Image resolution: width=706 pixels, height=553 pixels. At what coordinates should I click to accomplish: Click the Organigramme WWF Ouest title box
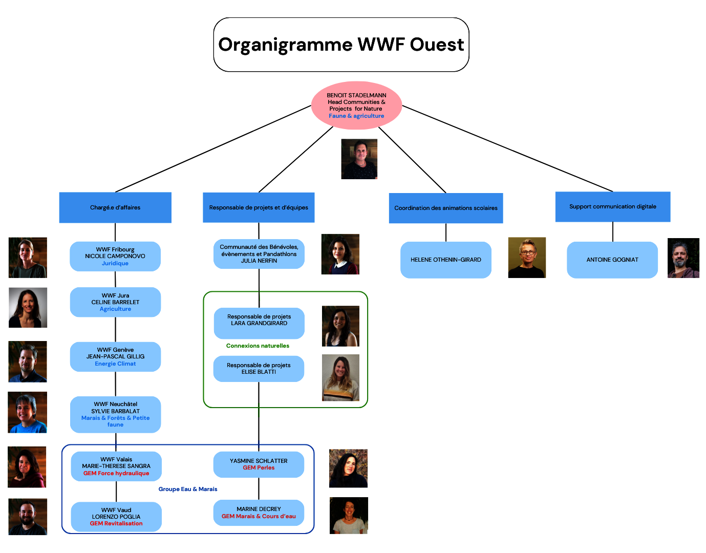point(341,45)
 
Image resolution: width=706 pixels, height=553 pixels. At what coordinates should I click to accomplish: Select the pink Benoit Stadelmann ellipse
point(356,105)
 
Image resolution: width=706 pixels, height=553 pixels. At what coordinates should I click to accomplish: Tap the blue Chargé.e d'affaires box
point(115,207)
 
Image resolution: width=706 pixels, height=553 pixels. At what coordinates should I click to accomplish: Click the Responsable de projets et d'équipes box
point(259,207)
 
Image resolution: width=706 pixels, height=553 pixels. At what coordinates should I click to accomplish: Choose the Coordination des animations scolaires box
point(445,208)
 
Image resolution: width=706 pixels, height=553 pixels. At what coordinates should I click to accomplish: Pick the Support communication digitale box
point(612,206)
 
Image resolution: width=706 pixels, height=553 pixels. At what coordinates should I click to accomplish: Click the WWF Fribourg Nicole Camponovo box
point(115,256)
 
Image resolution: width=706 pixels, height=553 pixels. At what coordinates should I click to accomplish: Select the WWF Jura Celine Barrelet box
point(115,302)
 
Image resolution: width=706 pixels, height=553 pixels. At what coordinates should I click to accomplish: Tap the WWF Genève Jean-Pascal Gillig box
point(115,356)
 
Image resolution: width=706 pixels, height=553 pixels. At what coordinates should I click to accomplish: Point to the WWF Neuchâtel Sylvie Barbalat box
point(115,414)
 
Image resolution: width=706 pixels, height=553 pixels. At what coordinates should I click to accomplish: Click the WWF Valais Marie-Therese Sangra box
point(116,466)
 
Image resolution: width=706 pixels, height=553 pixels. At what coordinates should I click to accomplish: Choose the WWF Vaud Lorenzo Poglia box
point(116,517)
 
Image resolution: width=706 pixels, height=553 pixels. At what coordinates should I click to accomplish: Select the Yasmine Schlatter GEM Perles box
point(259,464)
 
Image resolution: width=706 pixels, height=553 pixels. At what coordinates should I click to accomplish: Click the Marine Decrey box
point(259,513)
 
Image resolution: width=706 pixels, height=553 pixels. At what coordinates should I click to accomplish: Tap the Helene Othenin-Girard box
point(445,260)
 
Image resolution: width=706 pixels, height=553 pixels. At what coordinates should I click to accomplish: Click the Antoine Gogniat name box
point(612,260)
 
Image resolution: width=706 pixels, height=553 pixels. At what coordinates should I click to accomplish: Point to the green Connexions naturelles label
point(258,346)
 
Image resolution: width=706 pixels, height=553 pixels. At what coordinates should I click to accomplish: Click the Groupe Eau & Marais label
point(188,489)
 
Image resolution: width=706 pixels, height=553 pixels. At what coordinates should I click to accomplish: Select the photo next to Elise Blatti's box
point(340,377)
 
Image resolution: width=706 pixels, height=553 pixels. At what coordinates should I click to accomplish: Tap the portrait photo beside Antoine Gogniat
point(683,258)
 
